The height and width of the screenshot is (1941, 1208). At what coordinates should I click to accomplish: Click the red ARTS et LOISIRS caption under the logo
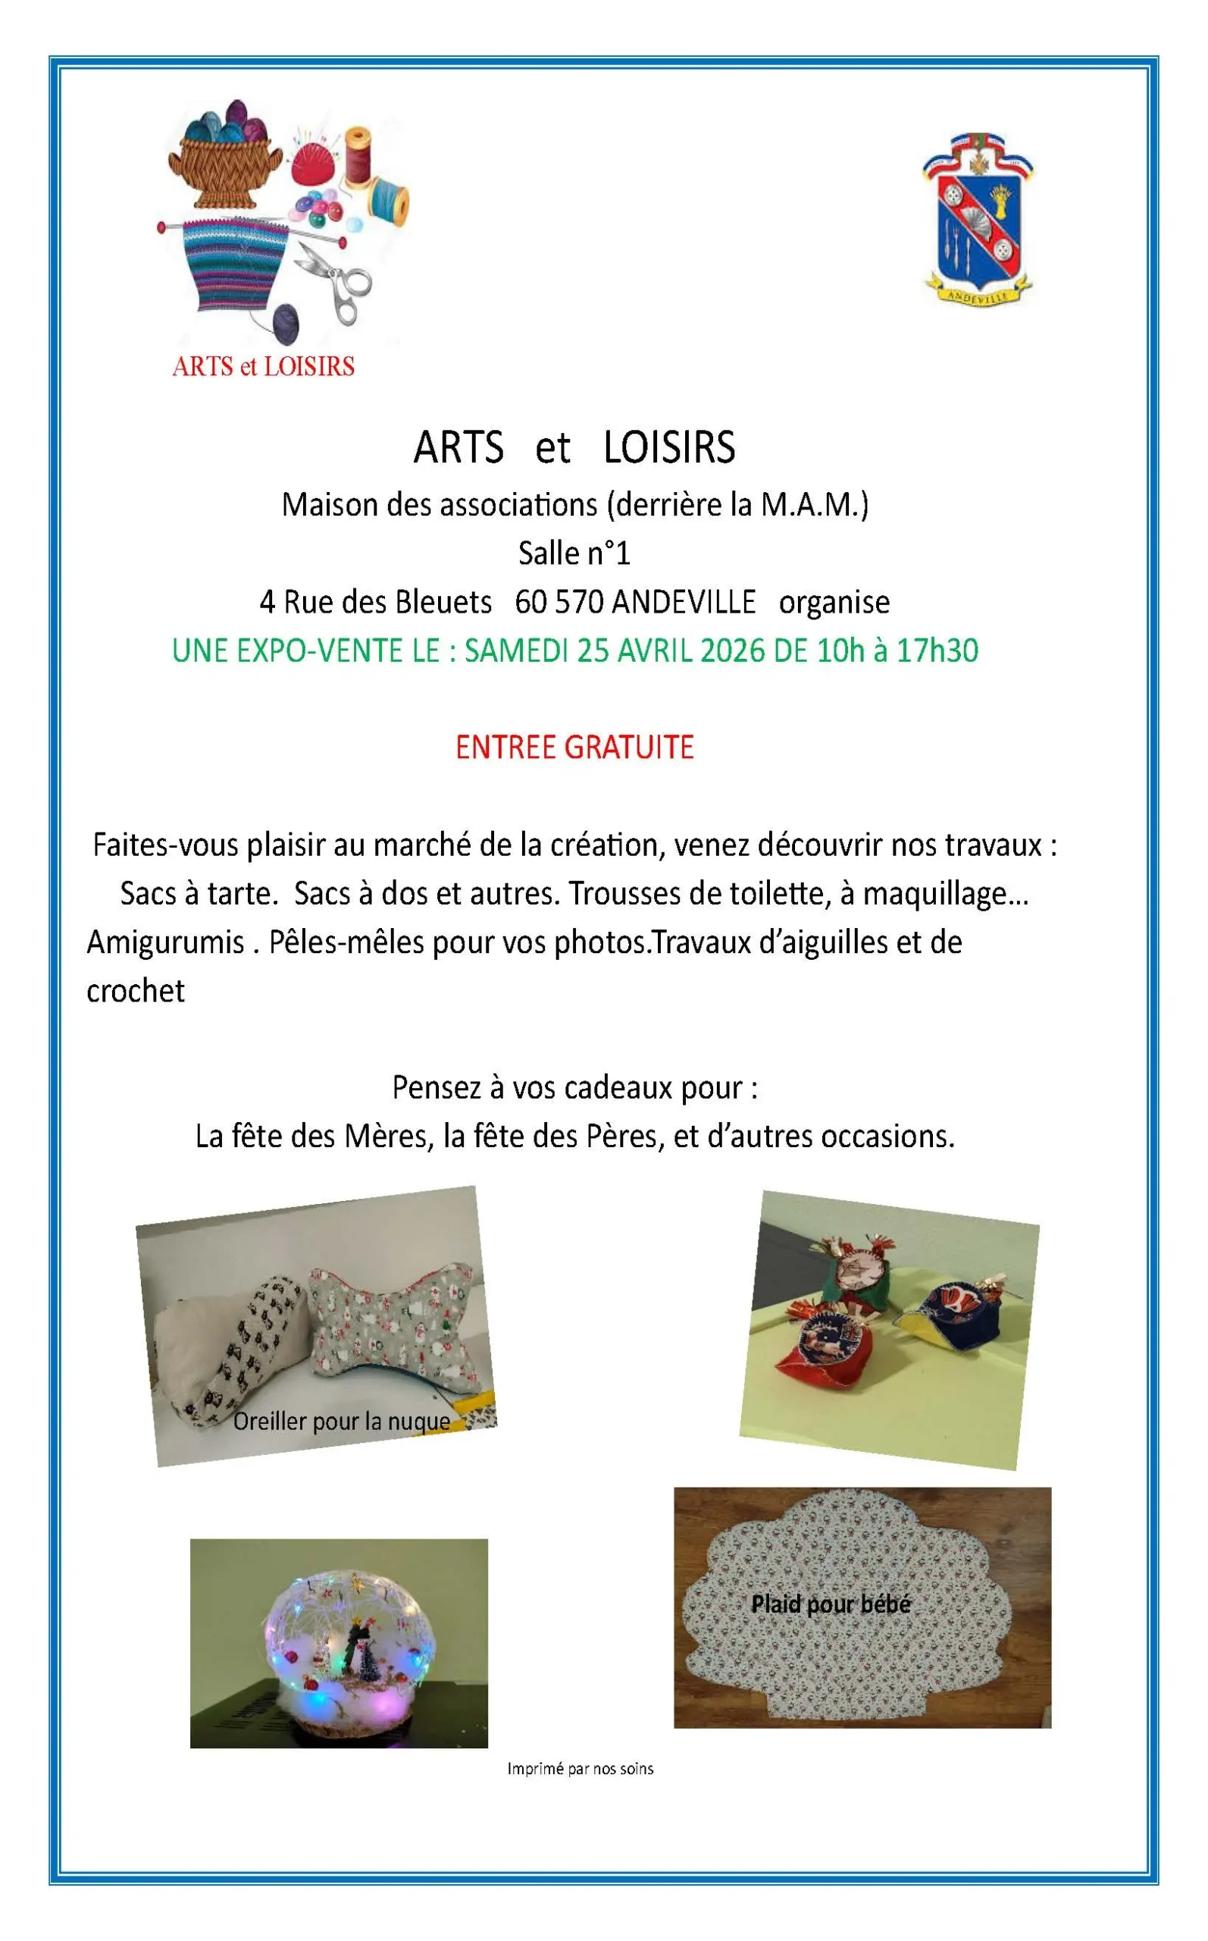tap(263, 367)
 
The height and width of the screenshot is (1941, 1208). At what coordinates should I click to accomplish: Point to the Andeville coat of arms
tap(978, 218)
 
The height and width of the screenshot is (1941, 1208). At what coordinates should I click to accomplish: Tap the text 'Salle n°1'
tap(574, 553)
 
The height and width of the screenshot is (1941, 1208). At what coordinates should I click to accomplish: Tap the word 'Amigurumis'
tap(165, 943)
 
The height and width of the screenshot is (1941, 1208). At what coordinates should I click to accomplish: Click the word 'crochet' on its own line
tap(136, 992)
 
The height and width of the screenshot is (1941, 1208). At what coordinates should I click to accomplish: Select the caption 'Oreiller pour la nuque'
tap(341, 1422)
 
